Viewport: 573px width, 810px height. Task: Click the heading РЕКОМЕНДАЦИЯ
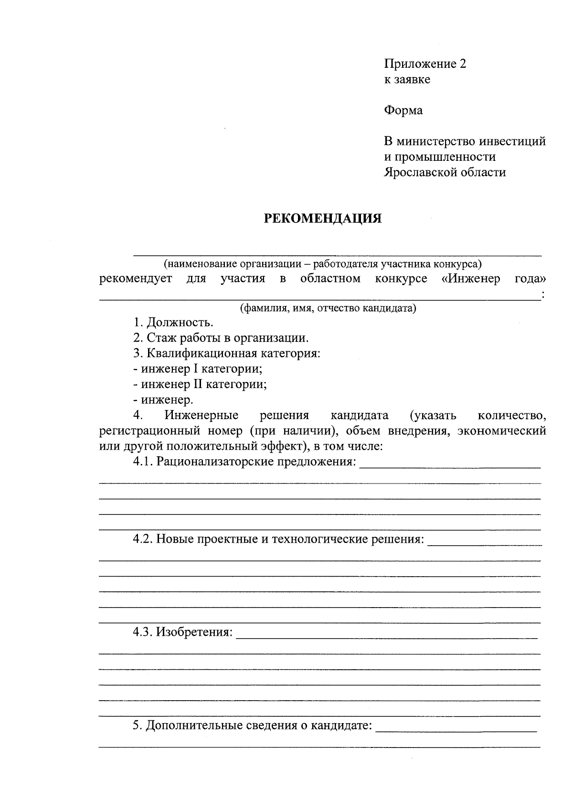coord(323,219)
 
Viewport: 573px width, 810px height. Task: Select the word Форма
coord(403,111)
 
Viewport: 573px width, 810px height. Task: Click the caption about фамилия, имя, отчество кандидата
coord(328,308)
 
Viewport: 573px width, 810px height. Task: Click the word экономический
coord(501,431)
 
